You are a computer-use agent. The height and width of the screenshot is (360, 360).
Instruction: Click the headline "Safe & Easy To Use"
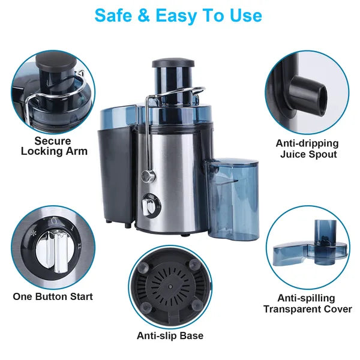(179, 16)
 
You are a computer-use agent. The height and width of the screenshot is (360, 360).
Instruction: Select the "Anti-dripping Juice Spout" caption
(307, 149)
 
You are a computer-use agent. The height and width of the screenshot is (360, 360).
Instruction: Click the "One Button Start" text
(53, 296)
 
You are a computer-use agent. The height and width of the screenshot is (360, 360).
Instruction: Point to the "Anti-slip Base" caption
(170, 336)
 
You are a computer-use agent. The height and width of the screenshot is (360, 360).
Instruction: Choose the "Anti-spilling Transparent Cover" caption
(307, 304)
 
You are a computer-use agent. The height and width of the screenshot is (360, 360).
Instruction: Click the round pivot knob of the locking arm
(145, 175)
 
